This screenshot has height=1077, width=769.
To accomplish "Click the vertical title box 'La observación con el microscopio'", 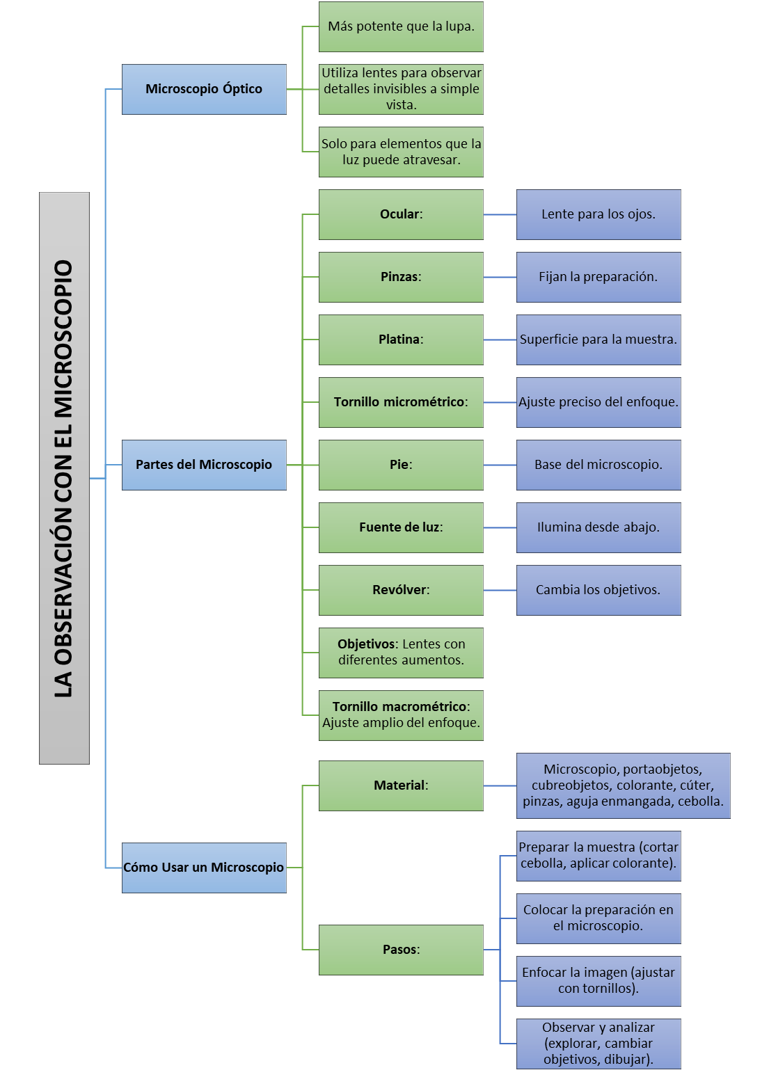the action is coord(64,478).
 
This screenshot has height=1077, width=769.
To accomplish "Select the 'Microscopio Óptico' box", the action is coord(204,89).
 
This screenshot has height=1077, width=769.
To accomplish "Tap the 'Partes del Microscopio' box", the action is coord(204,465).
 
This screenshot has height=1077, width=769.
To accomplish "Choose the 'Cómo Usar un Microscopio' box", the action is coord(204,868).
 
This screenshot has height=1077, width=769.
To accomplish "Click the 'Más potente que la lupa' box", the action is coord(401,26).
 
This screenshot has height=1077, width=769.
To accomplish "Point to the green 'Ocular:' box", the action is coord(401,214).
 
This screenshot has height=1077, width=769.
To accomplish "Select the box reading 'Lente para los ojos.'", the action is coord(598,214).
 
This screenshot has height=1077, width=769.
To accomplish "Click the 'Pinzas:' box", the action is coord(401,277).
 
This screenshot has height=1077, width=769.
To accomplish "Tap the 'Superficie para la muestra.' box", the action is coord(598,340).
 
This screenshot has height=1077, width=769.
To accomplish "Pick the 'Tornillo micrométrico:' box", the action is coord(401,402).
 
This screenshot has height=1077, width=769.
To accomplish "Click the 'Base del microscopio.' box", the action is coord(598,465).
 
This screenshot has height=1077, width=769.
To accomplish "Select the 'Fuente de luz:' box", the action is coord(401,527).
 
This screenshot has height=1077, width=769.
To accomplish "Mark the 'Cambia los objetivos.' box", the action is coord(598,590).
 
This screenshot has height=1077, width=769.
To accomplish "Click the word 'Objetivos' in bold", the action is coord(367,644).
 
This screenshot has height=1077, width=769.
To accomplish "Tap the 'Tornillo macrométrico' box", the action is coord(401,715).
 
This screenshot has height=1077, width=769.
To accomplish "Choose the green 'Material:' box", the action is coord(401,785).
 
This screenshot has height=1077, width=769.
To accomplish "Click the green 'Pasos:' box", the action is coord(401,950).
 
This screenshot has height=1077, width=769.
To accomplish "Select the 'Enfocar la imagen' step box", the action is coord(598,981).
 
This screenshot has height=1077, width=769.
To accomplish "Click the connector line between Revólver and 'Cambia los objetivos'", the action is coord(500,590).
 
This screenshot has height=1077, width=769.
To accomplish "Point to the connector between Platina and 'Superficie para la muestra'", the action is coord(500,340).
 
